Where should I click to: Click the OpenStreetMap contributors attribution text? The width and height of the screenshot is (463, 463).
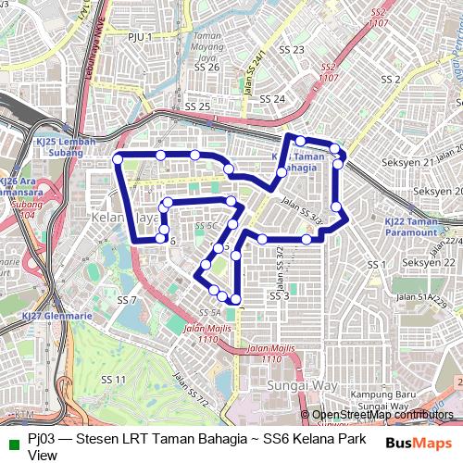382,415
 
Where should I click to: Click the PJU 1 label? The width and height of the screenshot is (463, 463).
140,36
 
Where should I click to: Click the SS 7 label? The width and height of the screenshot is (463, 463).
127,300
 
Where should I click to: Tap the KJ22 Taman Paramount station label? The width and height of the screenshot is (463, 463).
409,227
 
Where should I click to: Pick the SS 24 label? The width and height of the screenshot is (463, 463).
272,98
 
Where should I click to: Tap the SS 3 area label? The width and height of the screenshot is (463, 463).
280,296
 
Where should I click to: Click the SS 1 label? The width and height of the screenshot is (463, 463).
375,265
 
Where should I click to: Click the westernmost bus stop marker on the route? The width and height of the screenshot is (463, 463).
118,159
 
